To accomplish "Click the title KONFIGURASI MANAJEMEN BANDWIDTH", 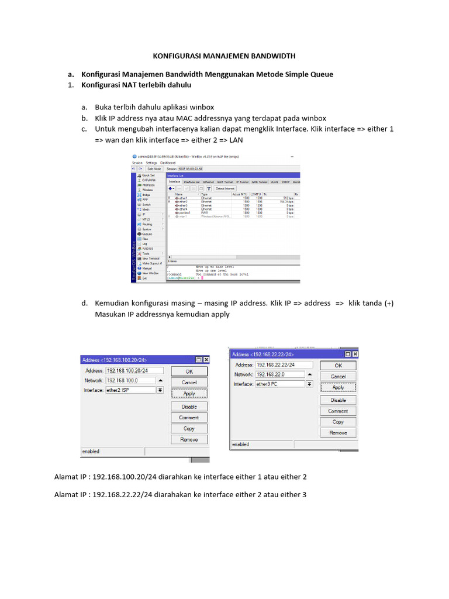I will [224, 56].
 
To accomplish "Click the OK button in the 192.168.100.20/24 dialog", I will [189, 371].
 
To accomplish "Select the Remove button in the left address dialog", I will [189, 439].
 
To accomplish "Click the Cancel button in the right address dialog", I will [338, 376].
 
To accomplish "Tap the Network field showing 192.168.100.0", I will [130, 380].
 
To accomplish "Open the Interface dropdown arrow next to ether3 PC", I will [309, 384].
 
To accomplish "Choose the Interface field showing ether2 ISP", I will [130, 390].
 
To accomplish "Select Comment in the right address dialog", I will [338, 411].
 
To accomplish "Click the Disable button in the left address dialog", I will [189, 407].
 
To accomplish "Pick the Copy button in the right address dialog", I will [338, 422].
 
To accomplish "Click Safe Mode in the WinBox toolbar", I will [154, 168].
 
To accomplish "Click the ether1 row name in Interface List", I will [183, 198].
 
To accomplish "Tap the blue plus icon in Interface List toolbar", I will [170, 189].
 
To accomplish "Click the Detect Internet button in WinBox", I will [225, 189].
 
